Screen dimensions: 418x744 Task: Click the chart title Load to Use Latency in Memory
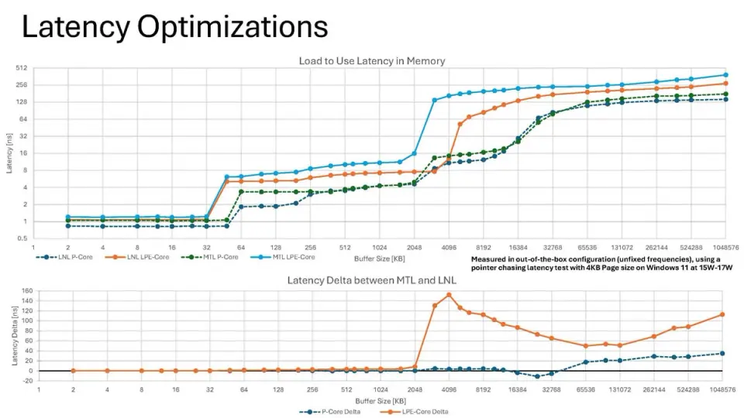coord(372,60)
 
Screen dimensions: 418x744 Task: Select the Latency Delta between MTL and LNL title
coord(372,280)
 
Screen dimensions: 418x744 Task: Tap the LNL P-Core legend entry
coord(71,256)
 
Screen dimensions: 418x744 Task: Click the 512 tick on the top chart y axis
coord(23,68)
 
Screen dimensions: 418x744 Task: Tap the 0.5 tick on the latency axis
coord(23,238)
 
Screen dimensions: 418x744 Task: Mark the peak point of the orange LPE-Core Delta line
coord(449,295)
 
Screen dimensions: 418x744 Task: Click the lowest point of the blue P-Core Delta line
coord(537,376)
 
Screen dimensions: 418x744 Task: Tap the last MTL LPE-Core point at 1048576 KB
coord(724,75)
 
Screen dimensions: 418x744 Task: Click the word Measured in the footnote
coord(487,259)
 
